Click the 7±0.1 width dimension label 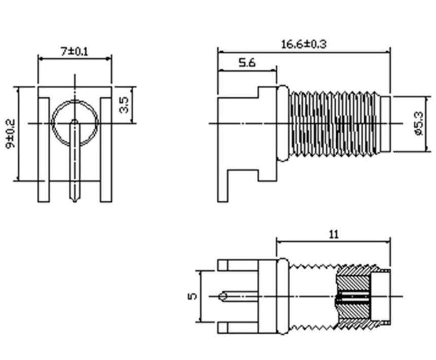(x=75, y=51)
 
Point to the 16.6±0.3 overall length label (x=304, y=44)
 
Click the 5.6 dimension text (x=247, y=63)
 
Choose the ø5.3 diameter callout (x=418, y=123)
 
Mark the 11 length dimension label (x=334, y=234)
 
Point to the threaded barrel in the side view (x=335, y=123)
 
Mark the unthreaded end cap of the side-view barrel (x=385, y=123)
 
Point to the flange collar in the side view (x=282, y=123)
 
